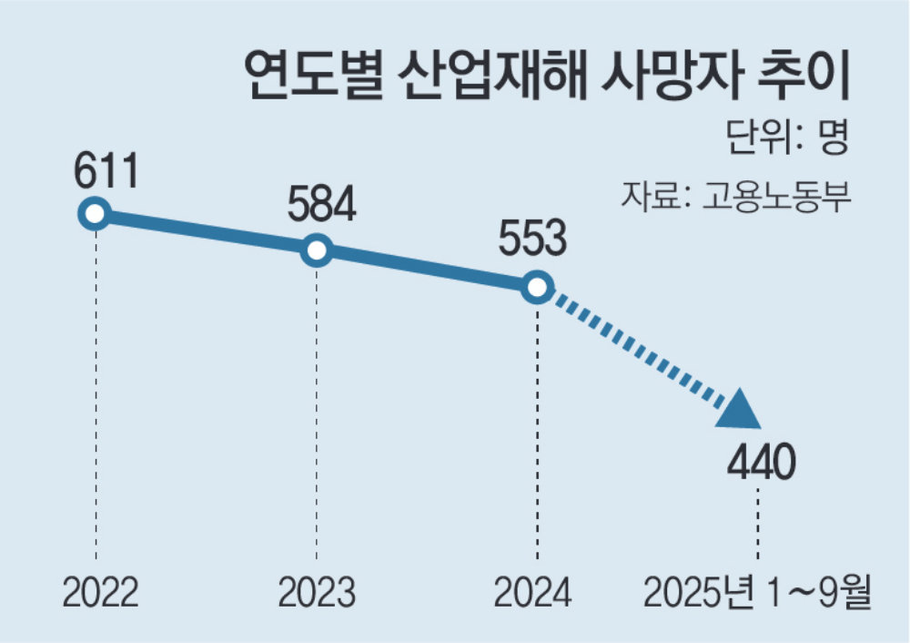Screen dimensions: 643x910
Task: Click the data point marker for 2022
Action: coord(94,214)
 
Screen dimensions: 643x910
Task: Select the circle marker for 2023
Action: coord(316,250)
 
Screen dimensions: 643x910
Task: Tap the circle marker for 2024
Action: coord(537,288)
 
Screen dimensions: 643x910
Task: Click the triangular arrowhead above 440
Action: coord(742,411)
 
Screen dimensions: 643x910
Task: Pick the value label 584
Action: coord(320,206)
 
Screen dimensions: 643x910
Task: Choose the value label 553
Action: coord(532,242)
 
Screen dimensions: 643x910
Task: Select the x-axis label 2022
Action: coord(100,594)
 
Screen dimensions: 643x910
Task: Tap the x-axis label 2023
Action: coord(317,594)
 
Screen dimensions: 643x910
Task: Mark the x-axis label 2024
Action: coord(533,594)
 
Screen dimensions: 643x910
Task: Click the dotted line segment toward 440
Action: coord(637,350)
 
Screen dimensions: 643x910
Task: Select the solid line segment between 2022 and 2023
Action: coord(205,232)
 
